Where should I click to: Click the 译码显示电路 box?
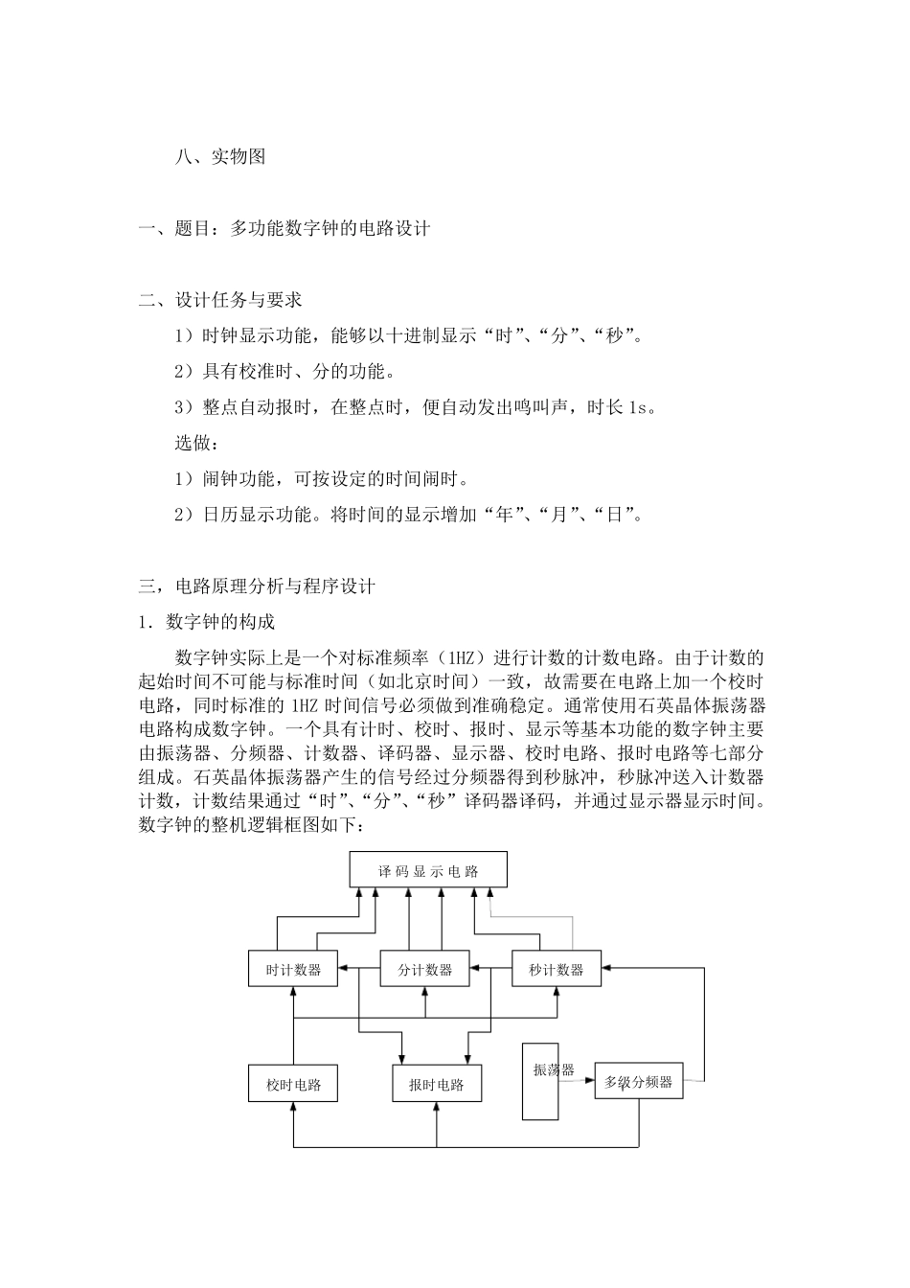pos(428,871)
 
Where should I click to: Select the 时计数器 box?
pos(293,969)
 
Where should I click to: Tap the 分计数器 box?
pos(425,969)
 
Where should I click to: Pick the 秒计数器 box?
pos(557,969)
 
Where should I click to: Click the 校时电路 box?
pos(293,1085)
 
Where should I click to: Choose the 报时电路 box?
pos(437,1085)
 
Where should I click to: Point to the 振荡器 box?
pos(540,1080)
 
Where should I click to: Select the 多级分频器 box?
pos(639,1083)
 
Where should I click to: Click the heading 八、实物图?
pos(219,157)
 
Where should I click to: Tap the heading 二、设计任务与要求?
pos(220,300)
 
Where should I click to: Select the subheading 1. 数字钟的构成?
pos(207,622)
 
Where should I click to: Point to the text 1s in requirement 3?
pos(637,407)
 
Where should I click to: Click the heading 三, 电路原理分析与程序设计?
pos(257,586)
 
